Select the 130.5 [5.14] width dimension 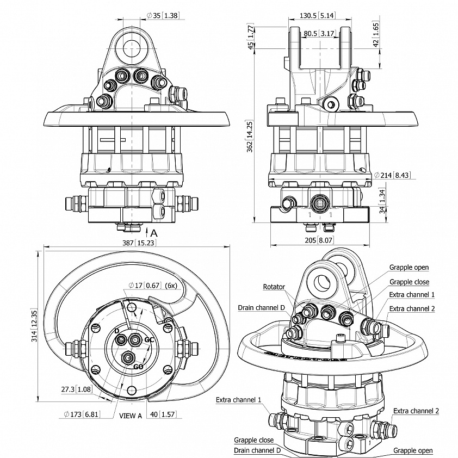(319, 16)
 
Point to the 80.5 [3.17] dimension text (319, 33)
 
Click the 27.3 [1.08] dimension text (76, 389)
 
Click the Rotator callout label (274, 287)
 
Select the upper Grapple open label (409, 267)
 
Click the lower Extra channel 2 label (416, 411)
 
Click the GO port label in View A (138, 367)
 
